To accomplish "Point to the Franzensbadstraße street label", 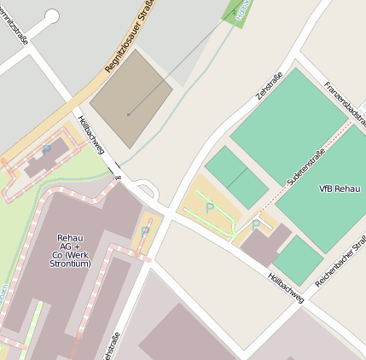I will [x=345, y=103].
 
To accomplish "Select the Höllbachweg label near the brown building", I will [x=90, y=135].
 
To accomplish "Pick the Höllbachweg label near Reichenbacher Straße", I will [x=285, y=288].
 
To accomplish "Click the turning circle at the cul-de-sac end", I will [x=52, y=16].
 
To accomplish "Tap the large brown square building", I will [x=131, y=90].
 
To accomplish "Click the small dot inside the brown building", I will [x=128, y=113].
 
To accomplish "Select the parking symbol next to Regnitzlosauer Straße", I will [x=47, y=149].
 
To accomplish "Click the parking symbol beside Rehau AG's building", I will [x=144, y=230].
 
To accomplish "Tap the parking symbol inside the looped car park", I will [x=210, y=207].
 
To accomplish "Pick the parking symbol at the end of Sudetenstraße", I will [x=255, y=224].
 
